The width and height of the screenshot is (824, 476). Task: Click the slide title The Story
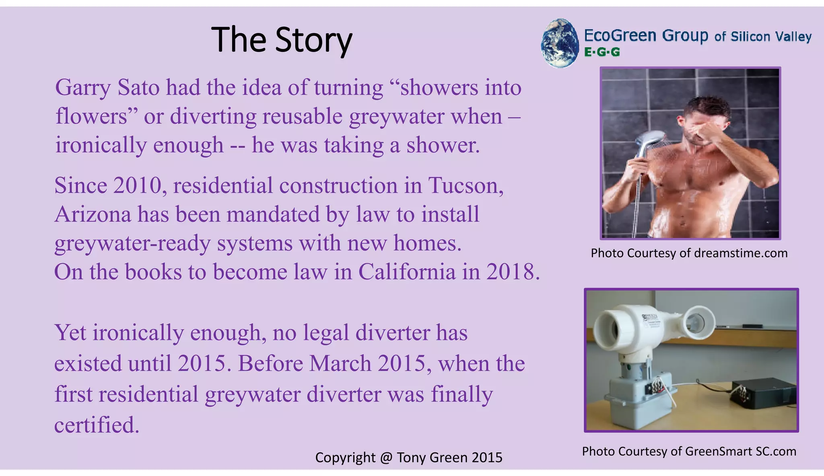282,40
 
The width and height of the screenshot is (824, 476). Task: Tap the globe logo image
560,43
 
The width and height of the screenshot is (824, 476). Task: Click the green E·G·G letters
602,52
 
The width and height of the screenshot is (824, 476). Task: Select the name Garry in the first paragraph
82,88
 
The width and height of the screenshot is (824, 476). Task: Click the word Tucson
466,186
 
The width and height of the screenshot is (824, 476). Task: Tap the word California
407,272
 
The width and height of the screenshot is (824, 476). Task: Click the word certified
97,425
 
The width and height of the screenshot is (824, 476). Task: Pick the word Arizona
93,215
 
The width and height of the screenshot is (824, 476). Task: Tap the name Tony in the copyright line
411,458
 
